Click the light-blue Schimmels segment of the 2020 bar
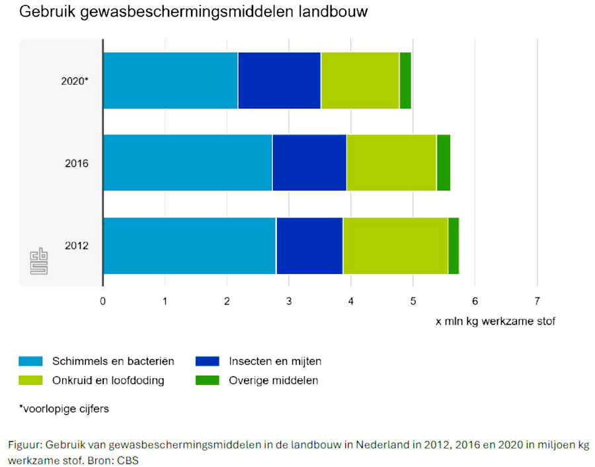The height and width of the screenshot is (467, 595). coord(170,81)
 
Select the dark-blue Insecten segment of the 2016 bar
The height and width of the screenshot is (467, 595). coord(309,163)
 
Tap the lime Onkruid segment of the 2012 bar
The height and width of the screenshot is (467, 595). coord(395,245)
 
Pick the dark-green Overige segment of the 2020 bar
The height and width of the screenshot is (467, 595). coord(405,81)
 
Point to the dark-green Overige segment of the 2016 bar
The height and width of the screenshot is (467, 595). coord(443,163)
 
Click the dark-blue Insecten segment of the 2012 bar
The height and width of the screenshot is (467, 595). coord(309,245)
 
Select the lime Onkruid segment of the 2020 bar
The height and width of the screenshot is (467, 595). coord(360,81)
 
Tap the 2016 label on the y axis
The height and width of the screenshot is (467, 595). coord(77,163)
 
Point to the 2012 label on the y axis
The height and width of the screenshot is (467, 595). coord(77,245)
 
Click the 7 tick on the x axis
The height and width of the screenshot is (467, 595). coord(537,301)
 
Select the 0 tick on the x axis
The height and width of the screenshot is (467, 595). coord(103,301)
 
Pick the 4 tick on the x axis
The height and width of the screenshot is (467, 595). coord(351,301)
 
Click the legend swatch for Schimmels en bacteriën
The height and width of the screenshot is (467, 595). coord(31,361)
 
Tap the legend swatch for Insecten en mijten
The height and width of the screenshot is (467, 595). coord(208,361)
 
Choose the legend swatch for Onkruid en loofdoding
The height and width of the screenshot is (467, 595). coord(31,380)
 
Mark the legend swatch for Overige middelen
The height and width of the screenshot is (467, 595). coord(208,380)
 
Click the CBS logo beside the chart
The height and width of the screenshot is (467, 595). coord(39,261)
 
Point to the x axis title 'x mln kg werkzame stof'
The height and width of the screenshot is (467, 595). coord(495,321)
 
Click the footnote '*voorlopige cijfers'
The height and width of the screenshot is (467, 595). coord(63,409)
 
